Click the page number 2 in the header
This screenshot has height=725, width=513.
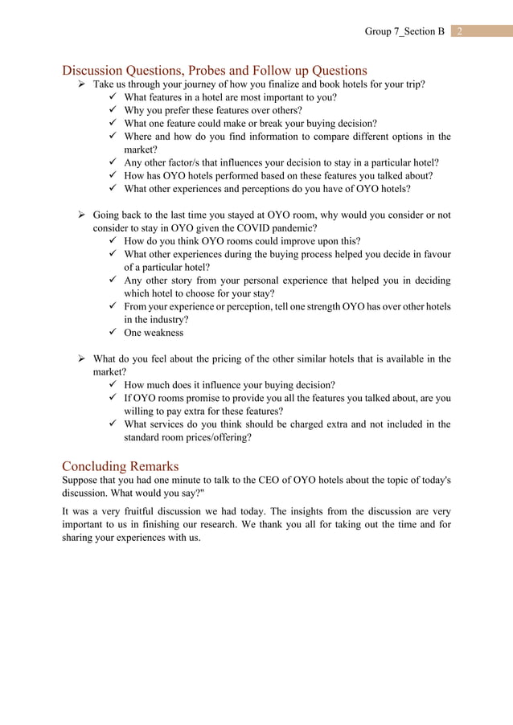pyautogui.click(x=459, y=31)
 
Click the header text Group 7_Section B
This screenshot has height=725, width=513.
pyautogui.click(x=404, y=31)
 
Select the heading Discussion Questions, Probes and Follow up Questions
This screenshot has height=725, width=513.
pyautogui.click(x=215, y=70)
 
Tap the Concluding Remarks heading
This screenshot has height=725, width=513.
pyautogui.click(x=121, y=465)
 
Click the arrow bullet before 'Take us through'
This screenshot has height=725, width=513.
pyautogui.click(x=82, y=84)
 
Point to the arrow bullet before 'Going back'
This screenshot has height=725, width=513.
pyautogui.click(x=82, y=215)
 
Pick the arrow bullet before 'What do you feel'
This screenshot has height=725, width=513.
pyautogui.click(x=82, y=359)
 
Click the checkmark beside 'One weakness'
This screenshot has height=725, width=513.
pyautogui.click(x=113, y=333)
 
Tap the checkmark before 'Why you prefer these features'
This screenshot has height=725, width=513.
pyautogui.click(x=113, y=111)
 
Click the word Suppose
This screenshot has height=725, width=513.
pyautogui.click(x=82, y=480)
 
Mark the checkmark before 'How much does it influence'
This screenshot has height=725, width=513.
pyautogui.click(x=113, y=385)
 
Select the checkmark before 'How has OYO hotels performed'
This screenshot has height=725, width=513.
pyautogui.click(x=113, y=176)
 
